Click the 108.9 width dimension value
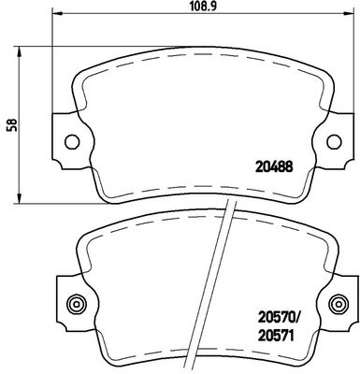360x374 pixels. (x=203, y=6)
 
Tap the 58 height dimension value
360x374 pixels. (x=12, y=125)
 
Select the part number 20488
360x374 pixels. (x=274, y=167)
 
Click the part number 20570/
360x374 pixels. (x=279, y=319)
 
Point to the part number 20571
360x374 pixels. (x=276, y=336)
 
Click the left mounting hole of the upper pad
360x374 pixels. (x=72, y=141)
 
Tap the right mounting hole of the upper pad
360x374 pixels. (x=334, y=141)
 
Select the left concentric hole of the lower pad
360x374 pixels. (x=76, y=303)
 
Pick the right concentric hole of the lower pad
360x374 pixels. (x=338, y=303)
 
